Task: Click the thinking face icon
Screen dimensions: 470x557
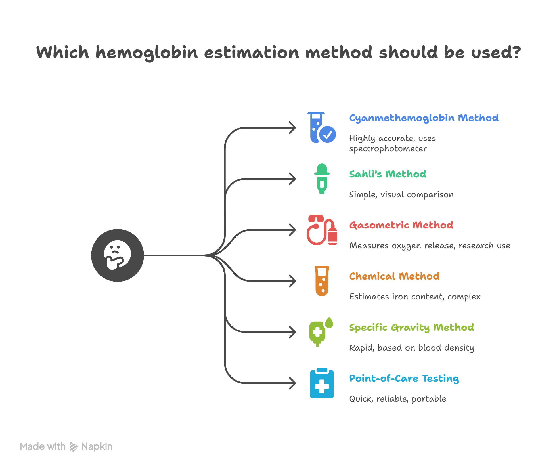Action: (118, 255)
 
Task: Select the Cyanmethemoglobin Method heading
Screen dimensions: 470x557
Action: (424, 118)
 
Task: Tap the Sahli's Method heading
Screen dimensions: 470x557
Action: (388, 174)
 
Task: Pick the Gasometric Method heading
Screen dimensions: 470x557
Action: (401, 225)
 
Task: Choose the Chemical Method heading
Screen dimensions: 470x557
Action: (394, 276)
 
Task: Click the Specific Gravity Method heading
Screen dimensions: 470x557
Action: (411, 327)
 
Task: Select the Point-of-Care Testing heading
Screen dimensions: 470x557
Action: (404, 378)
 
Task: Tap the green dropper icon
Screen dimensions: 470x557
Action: (322, 179)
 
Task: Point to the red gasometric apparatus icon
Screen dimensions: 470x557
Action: (322, 230)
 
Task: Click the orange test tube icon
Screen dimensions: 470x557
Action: (322, 281)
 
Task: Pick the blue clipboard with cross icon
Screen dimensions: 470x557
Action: (322, 383)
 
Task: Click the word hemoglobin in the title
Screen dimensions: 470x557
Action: (146, 53)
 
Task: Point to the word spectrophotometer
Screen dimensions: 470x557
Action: (388, 149)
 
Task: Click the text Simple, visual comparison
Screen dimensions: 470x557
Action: (401, 195)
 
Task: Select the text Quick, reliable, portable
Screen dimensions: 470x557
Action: (397, 399)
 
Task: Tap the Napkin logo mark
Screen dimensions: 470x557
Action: (74, 447)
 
